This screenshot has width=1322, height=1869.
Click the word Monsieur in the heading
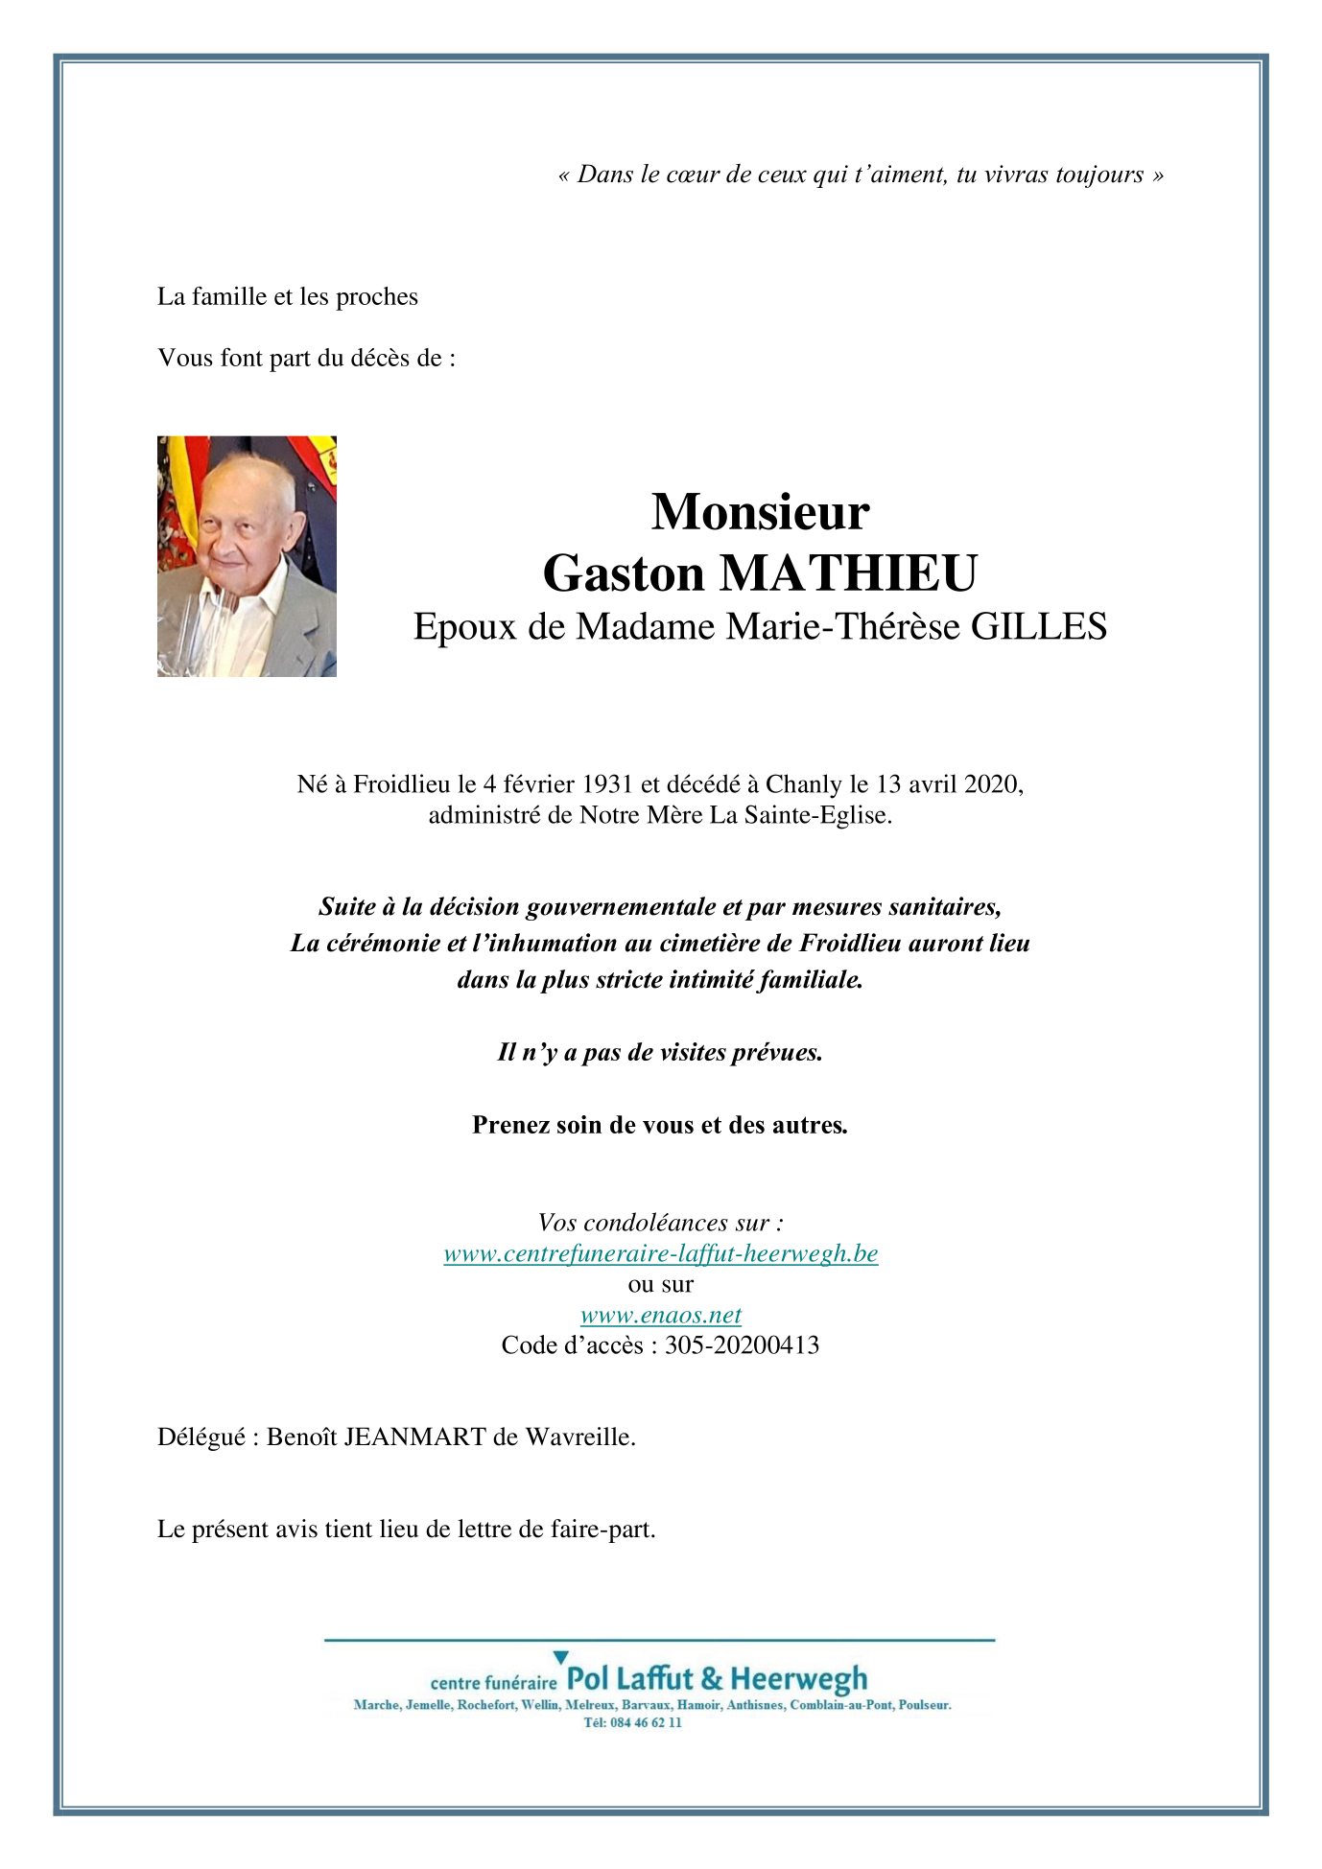[x=760, y=512]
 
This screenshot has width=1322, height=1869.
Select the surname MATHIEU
[x=848, y=573]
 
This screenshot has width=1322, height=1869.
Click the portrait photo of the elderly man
[x=247, y=556]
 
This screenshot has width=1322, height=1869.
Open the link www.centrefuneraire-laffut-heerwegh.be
[x=660, y=1253]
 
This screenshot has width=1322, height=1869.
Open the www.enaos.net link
[x=660, y=1315]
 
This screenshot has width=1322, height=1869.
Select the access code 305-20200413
[x=742, y=1345]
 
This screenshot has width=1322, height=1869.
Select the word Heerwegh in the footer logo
[x=798, y=1679]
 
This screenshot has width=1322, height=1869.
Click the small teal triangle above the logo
[x=560, y=1657]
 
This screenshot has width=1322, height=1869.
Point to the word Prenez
[x=509, y=1125]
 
